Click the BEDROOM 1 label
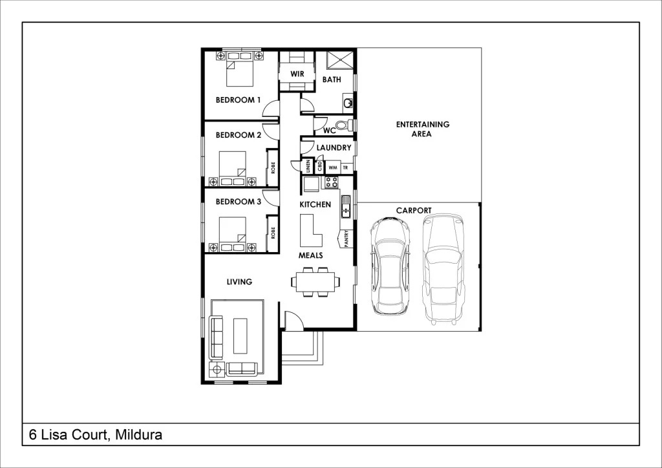[x=238, y=100]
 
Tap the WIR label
[x=297, y=74]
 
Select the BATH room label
[x=332, y=80]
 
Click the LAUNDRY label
[x=334, y=148]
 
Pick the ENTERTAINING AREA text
[x=423, y=129]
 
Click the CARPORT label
[x=414, y=211]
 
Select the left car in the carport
[x=388, y=265]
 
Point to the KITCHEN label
[x=315, y=205]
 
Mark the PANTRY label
[x=347, y=239]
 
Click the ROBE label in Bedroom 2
[x=273, y=168]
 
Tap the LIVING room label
[x=239, y=282]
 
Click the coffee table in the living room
[x=240, y=335]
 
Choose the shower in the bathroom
[x=340, y=60]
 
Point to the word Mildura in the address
[x=138, y=435]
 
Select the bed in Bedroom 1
[x=238, y=70]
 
